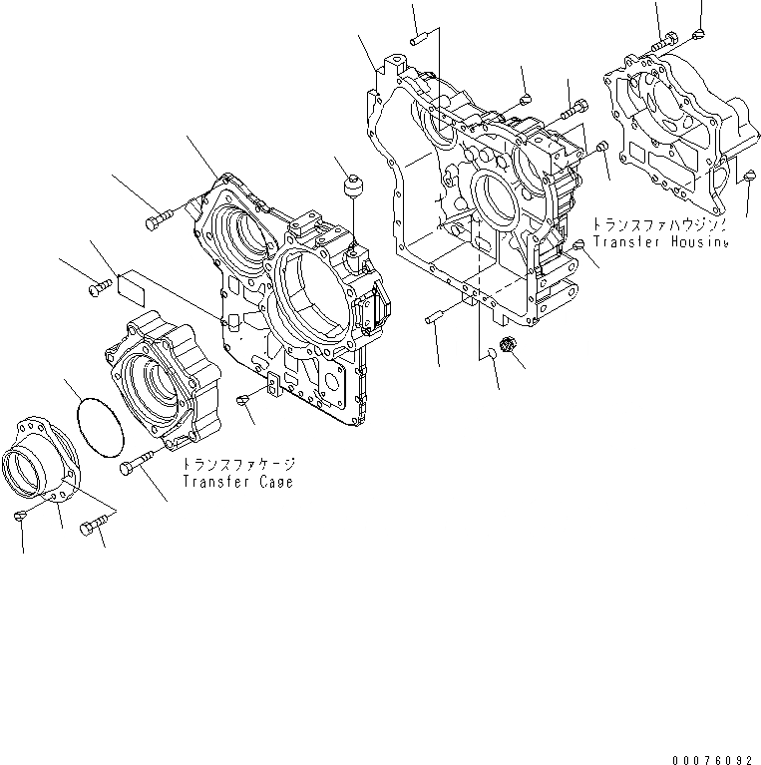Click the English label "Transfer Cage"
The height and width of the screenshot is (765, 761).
(237, 482)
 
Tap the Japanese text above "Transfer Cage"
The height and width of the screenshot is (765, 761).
(238, 465)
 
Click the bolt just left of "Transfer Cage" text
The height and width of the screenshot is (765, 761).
(137, 463)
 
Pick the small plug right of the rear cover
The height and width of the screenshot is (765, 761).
(749, 177)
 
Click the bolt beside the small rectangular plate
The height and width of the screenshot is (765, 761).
(99, 288)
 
